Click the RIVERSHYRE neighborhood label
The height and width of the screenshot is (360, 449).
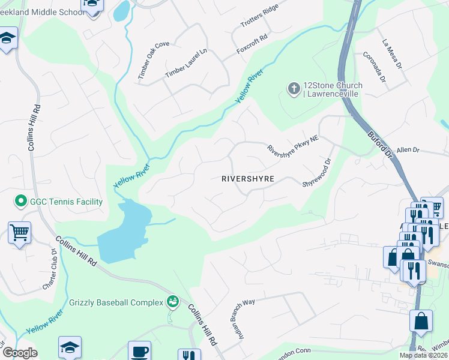(x=248, y=179)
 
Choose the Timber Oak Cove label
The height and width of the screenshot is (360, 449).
(x=154, y=61)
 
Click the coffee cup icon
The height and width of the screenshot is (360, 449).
(x=140, y=351)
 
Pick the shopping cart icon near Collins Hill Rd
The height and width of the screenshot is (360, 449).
(x=19, y=232)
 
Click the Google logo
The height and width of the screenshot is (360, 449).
(x=20, y=353)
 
